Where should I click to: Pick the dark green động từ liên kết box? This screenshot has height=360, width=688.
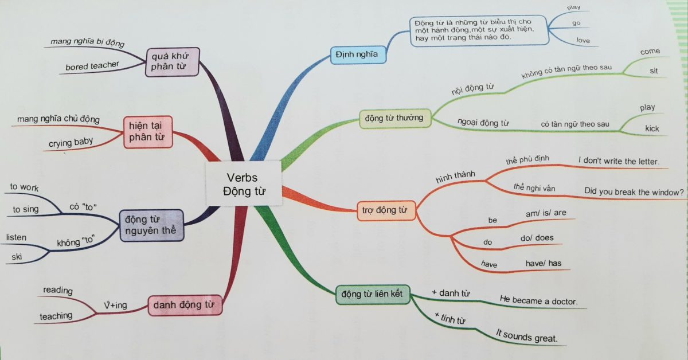372,295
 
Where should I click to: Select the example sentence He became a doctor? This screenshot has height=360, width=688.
538,300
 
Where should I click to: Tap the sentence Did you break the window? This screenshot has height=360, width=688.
634,192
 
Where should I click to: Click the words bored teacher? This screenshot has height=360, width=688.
92,66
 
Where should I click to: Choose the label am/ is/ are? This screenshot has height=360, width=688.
546,213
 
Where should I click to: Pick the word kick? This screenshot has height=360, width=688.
652,128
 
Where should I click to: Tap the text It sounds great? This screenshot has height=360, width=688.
526,336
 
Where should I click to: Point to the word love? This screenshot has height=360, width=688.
584,41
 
